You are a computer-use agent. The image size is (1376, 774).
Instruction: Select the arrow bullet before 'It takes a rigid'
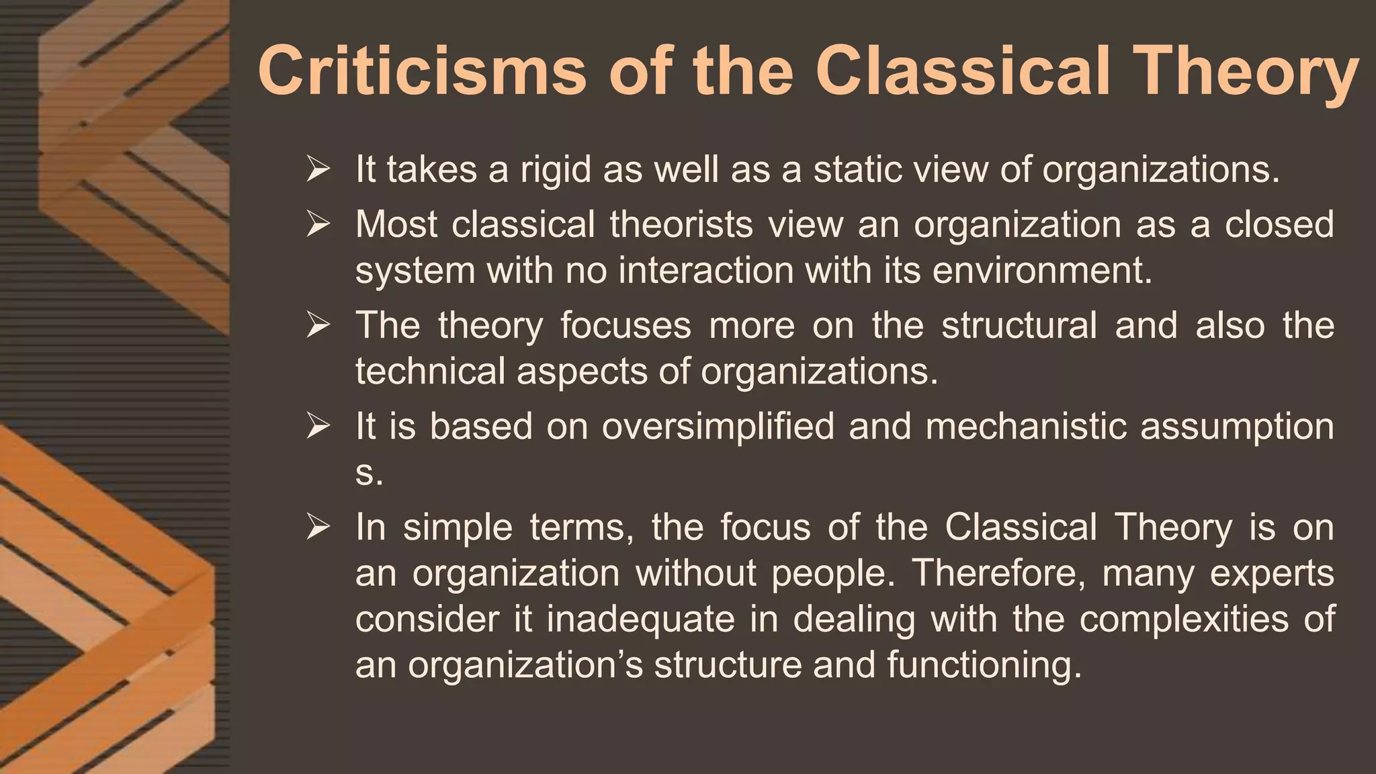pyautogui.click(x=317, y=169)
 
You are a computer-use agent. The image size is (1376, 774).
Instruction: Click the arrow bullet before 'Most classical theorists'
pyautogui.click(x=317, y=224)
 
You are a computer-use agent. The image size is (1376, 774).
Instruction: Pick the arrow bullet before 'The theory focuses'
pyautogui.click(x=317, y=325)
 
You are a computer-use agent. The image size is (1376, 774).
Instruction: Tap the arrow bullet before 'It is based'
pyautogui.click(x=317, y=426)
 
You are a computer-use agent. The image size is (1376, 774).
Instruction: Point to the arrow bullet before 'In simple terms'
pyautogui.click(x=317, y=527)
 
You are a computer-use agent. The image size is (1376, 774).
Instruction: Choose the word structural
pyautogui.click(x=1019, y=325)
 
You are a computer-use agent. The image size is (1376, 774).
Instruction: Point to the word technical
pyautogui.click(x=430, y=372)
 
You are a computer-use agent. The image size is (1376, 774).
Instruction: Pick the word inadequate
pyautogui.click(x=640, y=619)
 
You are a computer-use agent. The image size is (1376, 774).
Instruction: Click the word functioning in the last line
pyautogui.click(x=982, y=666)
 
